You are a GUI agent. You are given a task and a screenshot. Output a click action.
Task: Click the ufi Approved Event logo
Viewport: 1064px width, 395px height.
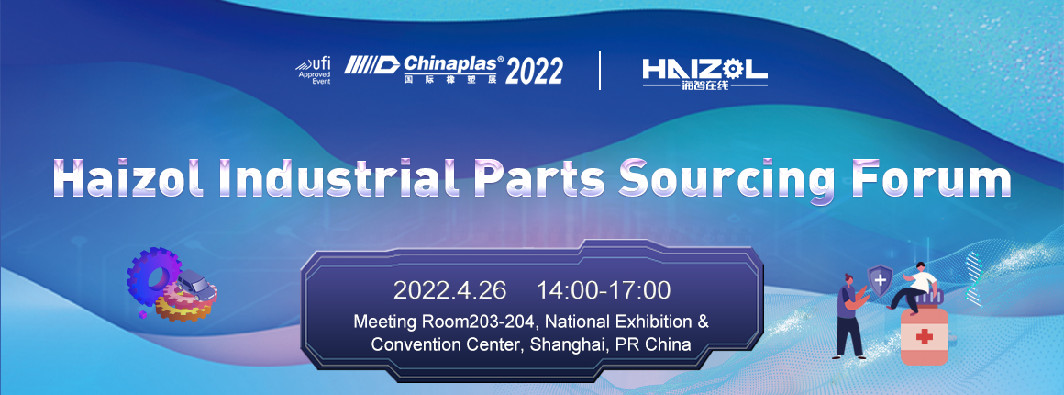click(x=314, y=70)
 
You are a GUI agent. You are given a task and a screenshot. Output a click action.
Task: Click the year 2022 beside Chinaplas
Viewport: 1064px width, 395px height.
click(x=534, y=71)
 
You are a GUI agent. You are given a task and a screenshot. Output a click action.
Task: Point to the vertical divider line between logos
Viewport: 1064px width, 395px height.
click(x=600, y=70)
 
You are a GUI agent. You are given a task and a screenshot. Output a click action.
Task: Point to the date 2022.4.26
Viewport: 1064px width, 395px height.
click(x=449, y=290)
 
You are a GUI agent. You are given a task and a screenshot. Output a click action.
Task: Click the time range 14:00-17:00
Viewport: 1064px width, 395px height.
click(x=604, y=290)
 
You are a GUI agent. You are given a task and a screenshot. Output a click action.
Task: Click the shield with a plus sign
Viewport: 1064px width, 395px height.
click(x=880, y=280)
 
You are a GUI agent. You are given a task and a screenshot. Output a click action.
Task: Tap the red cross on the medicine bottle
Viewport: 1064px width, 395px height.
click(x=924, y=337)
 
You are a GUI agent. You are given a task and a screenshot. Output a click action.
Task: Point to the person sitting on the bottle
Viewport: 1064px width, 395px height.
click(x=913, y=287)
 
